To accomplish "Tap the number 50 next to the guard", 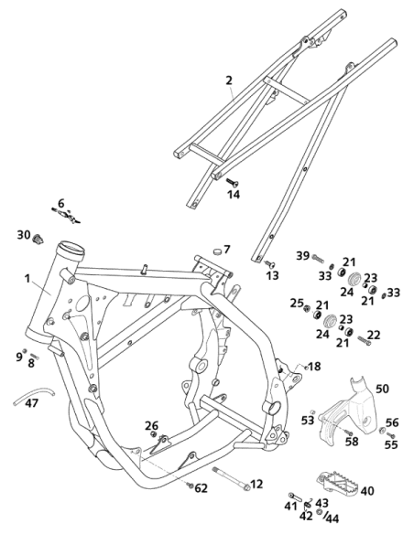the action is coord(382,389).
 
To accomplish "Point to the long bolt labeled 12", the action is coord(232,479).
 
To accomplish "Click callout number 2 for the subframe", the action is coord(229,80).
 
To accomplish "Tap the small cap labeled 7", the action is coord(216,251).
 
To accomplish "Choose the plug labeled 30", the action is coord(38,239).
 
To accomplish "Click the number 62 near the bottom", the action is coord(202,488).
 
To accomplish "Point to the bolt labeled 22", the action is coord(365,340).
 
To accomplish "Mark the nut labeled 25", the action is coord(307,308).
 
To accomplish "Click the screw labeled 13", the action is coord(270,263).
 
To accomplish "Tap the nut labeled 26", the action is coord(154,433).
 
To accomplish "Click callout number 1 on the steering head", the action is coord(27,279).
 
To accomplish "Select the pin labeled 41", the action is coord(295,497).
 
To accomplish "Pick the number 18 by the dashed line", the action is coord(314,366).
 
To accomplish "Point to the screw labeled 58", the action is coord(348,432).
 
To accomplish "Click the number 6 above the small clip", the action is coord(61,203).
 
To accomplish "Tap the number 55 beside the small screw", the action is coord(391,444).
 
